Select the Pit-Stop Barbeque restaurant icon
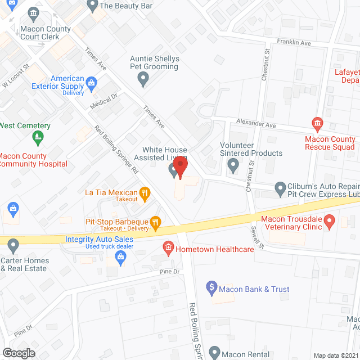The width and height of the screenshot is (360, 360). pos(155,224)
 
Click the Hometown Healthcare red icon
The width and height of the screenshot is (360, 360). pos(168,246)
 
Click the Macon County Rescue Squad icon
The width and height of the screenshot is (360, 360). pos(317,123)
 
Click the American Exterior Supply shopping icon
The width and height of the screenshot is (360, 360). pos(92,84)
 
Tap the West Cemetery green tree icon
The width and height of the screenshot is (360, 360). pos(38,137)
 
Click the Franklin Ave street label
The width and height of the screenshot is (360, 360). pos(294,42)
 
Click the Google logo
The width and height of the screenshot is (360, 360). pos(19,353)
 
